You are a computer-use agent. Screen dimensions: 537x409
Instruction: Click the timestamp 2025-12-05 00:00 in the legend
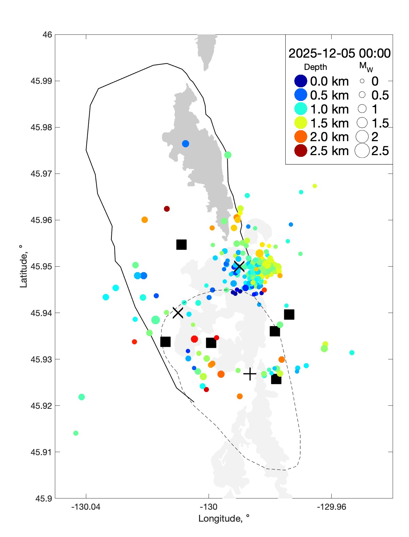pos(339,53)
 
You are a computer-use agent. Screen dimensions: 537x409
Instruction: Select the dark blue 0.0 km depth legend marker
pos(301,81)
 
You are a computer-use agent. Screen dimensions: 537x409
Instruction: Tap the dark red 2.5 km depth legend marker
pos(301,151)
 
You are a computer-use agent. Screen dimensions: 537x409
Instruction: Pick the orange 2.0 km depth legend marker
pos(301,137)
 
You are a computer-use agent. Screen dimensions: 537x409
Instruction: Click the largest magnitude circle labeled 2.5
pos(362,151)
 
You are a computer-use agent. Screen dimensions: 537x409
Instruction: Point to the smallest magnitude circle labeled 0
pos(362,81)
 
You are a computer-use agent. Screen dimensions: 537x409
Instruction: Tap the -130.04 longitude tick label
pos(86,507)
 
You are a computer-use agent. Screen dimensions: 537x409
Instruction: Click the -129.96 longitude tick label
pos(331,507)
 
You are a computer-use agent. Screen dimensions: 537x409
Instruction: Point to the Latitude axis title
pos(23,266)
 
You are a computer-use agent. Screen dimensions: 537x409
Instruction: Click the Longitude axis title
pos(224,519)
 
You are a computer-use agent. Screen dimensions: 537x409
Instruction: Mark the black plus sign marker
pos(250,374)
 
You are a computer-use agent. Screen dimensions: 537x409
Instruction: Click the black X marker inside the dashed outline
pos(178,312)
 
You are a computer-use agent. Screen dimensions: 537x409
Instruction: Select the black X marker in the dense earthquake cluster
pos(239,266)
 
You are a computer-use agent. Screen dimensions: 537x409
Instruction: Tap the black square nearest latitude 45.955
pos(181,244)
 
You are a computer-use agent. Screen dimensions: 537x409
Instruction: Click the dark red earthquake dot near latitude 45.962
pos(167,209)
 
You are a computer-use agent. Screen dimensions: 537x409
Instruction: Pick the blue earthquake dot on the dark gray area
pos(185,144)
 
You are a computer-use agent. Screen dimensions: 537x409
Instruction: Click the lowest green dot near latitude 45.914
pos(76,433)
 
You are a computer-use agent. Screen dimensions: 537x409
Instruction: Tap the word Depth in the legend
pos(315,67)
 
